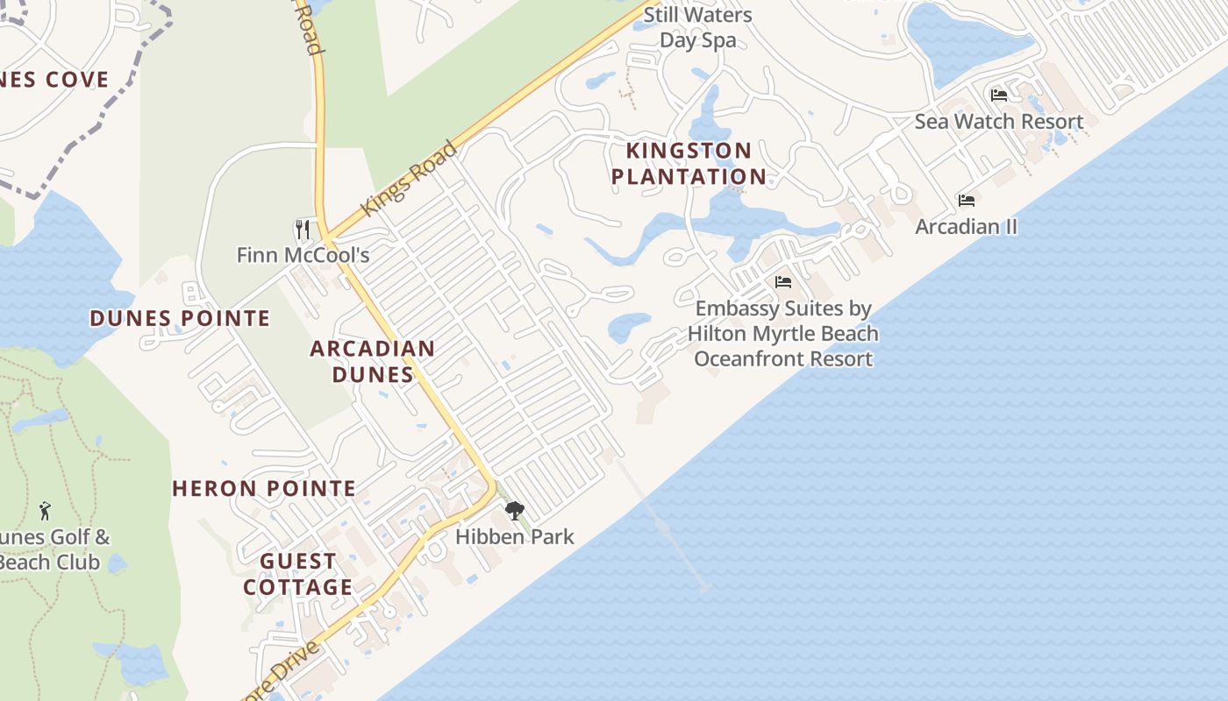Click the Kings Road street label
click(409, 179)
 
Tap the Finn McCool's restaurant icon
click(303, 230)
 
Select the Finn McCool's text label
click(303, 256)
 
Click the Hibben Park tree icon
click(515, 511)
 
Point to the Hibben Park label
click(515, 536)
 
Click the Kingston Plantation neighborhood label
click(688, 164)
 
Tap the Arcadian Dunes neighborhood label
click(372, 361)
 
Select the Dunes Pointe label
click(180, 318)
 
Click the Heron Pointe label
click(264, 489)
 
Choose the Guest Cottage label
click(298, 574)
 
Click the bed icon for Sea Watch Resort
click(999, 96)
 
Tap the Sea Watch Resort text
click(999, 122)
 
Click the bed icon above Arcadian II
click(967, 201)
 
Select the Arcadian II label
click(967, 227)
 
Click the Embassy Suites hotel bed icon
click(783, 282)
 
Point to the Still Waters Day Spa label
click(697, 27)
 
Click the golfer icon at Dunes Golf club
click(45, 511)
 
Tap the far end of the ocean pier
click(704, 588)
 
